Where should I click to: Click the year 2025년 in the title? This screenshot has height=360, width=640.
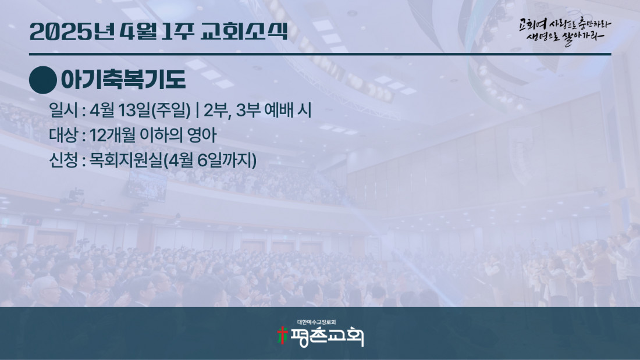72,31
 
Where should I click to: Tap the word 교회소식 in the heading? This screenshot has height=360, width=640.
244,31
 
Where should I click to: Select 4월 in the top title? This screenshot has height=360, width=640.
139,31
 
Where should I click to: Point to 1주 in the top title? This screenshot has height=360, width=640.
177,31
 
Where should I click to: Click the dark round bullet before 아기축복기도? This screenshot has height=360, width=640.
43,80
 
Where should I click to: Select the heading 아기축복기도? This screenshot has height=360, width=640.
123,80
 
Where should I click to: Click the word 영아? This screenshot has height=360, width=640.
202,135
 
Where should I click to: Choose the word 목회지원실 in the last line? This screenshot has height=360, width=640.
126,160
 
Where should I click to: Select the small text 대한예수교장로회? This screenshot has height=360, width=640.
317,322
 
